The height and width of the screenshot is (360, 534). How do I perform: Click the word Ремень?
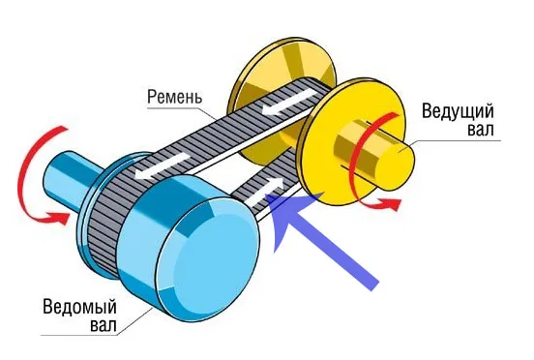174,97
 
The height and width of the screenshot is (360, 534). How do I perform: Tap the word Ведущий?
458,111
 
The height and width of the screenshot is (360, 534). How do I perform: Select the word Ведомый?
79,307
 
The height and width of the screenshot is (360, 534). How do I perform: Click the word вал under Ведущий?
480,130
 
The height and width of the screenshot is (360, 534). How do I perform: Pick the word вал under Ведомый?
104,325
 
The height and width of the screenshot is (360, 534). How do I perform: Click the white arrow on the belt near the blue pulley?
162,165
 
